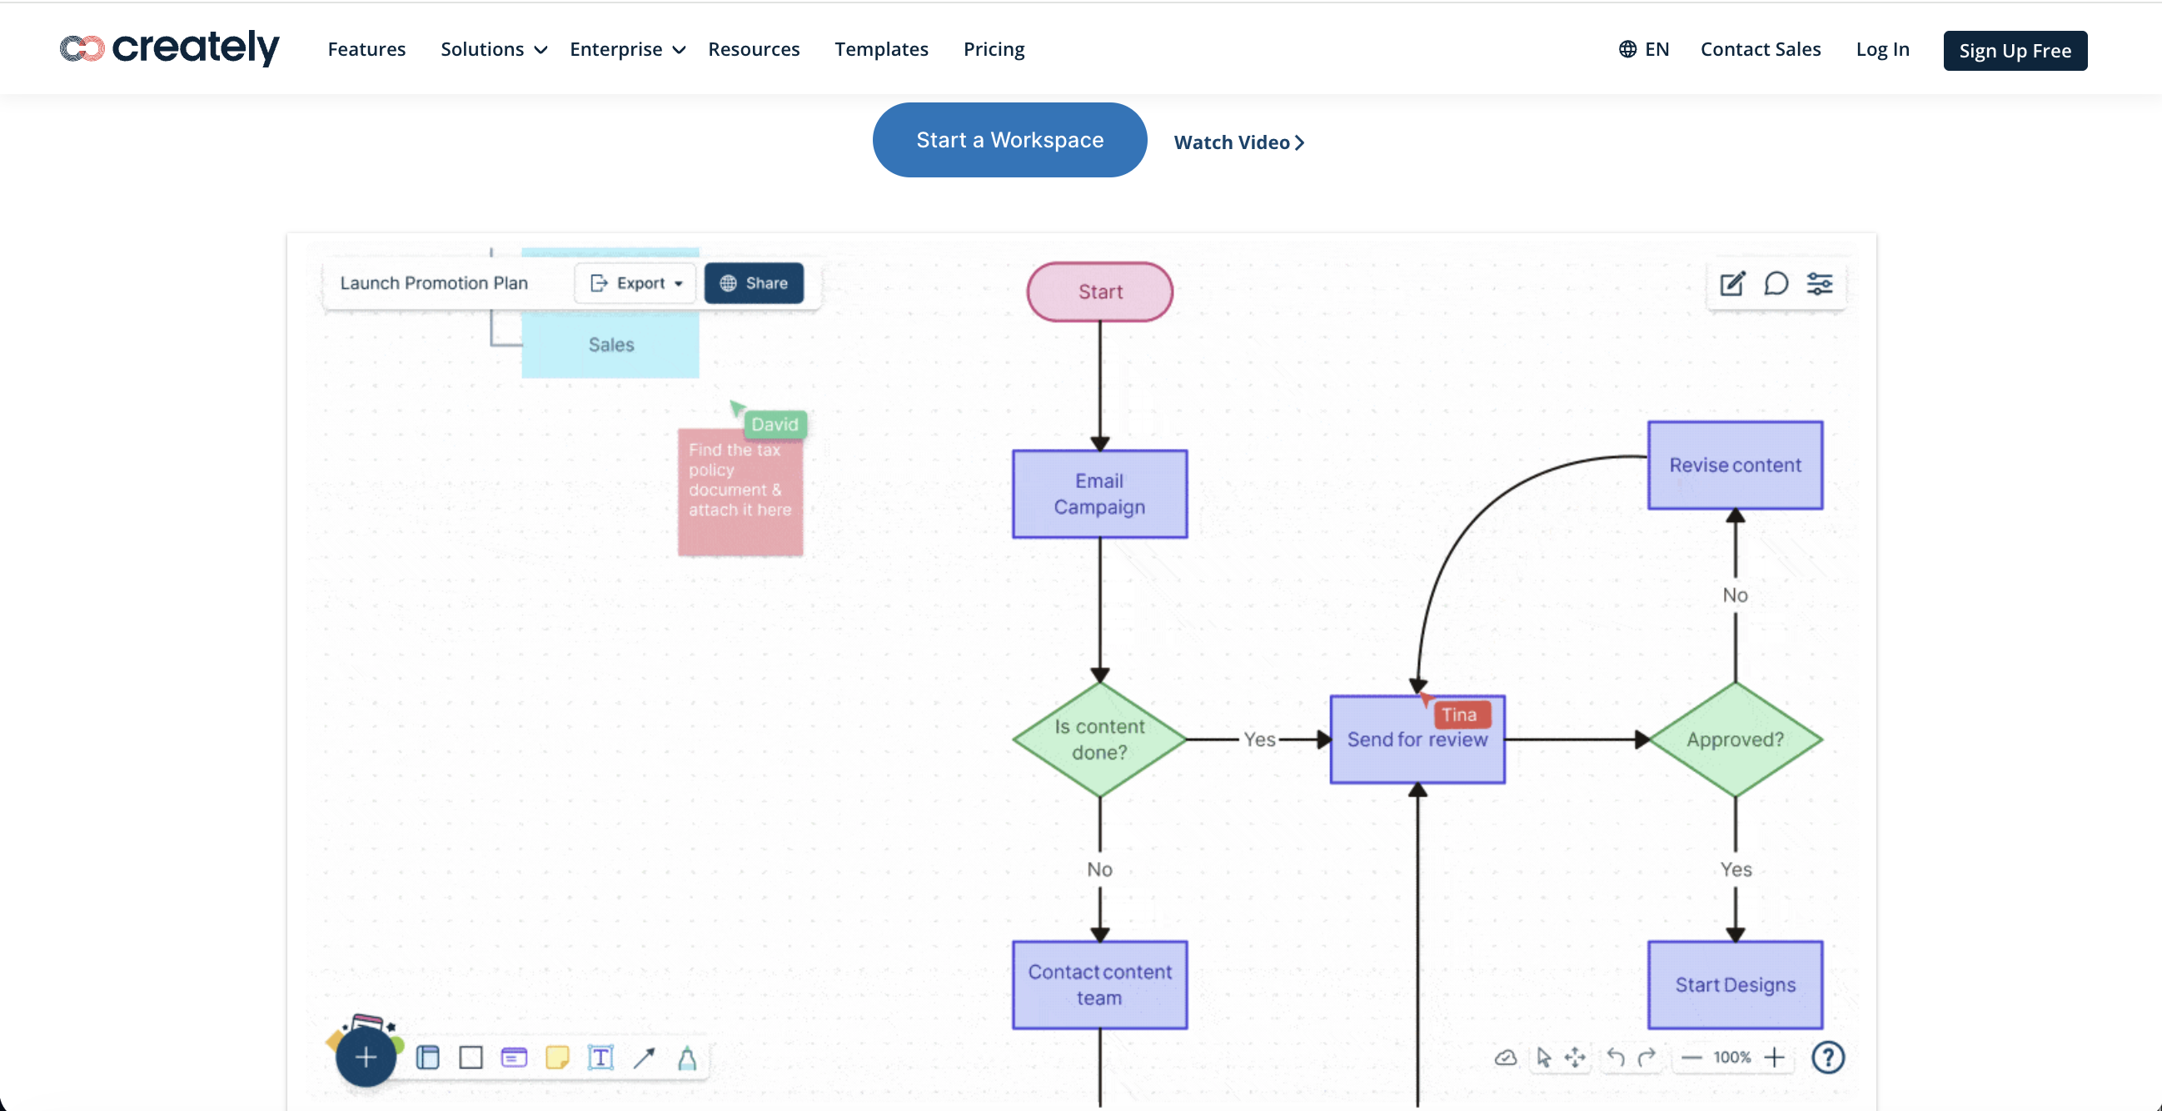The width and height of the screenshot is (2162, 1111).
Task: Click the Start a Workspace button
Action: [x=1009, y=140]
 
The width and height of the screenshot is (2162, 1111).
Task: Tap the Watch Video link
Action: [x=1238, y=142]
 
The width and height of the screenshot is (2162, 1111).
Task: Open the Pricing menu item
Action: [x=993, y=49]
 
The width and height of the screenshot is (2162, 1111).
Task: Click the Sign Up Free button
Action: [x=2015, y=50]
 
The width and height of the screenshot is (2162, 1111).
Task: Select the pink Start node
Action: [x=1099, y=292]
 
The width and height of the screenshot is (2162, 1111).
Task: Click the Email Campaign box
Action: [x=1099, y=493]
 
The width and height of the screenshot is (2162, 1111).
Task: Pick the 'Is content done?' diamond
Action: [x=1099, y=740]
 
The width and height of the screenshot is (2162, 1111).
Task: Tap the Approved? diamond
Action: [x=1735, y=740]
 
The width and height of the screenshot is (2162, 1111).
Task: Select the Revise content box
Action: [x=1735, y=465]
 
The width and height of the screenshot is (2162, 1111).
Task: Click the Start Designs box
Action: [x=1735, y=984]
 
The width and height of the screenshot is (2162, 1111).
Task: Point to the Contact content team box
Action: [x=1099, y=984]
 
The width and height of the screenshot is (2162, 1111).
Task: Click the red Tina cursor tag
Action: [x=1461, y=714]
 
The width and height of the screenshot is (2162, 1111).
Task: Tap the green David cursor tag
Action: [x=774, y=424]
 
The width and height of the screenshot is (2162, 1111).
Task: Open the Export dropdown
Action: [x=636, y=284]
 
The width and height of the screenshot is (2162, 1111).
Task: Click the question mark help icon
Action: [x=1827, y=1058]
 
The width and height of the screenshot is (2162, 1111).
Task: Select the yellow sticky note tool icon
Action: [x=557, y=1058]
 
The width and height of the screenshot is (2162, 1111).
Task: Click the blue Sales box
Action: [x=610, y=345]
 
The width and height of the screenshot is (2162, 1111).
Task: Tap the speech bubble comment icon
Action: [x=1776, y=284]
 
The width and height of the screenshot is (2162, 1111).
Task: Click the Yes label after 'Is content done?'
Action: [x=1259, y=740]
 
